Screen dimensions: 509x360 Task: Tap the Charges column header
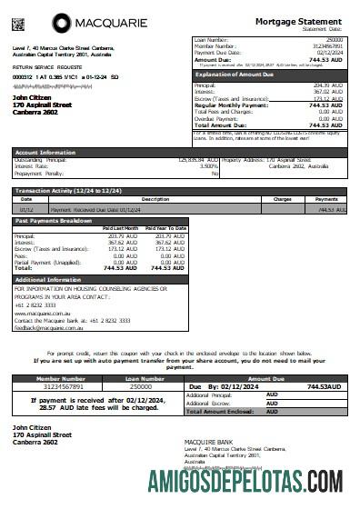282,198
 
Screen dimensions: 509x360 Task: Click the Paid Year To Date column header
165,227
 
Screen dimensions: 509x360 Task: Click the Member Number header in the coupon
60,379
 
